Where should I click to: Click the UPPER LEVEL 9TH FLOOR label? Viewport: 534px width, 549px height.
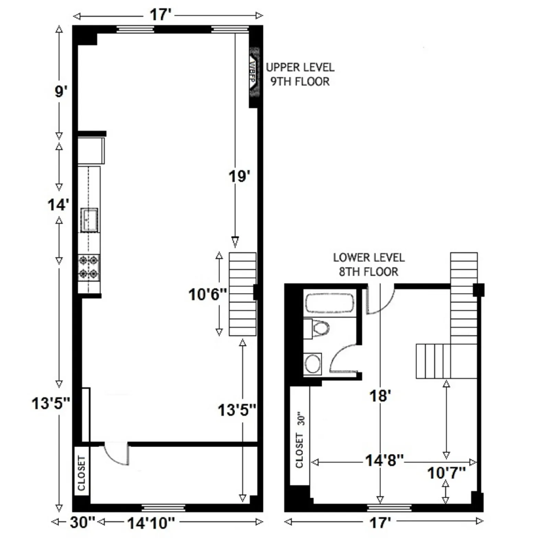coord(300,74)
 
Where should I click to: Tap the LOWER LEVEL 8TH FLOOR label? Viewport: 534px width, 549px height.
coord(369,265)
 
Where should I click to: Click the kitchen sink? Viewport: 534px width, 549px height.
coord(89,220)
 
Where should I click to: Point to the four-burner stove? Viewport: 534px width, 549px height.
coord(89,268)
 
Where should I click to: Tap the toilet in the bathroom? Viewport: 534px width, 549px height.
coord(319,328)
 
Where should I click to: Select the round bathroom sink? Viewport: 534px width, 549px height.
coord(313,363)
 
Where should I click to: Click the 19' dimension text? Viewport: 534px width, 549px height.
coord(239,176)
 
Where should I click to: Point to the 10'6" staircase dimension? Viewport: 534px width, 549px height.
coord(208,294)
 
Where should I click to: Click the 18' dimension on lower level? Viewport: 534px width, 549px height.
coord(380,396)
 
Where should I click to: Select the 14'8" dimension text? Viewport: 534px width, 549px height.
coord(384,460)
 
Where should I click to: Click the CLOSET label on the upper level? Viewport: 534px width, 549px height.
coord(81,473)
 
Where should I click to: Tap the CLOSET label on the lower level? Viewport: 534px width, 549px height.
coord(300,451)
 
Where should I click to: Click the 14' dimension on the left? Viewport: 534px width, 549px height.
coord(58,205)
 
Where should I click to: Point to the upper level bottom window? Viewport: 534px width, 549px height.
coord(163,508)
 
